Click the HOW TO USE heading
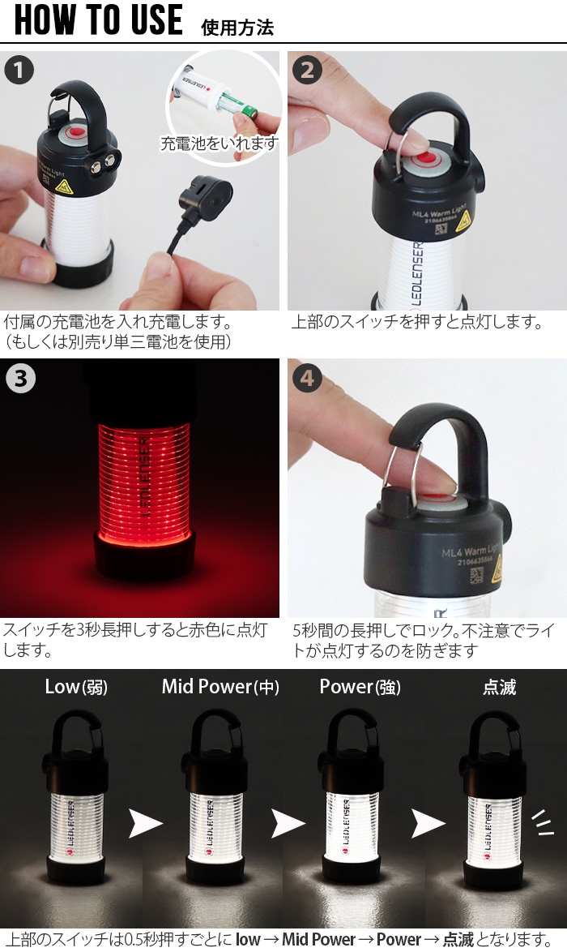(99, 20)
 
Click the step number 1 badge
(19, 71)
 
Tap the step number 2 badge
(307, 71)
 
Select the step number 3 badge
(19, 379)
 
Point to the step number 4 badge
(307, 379)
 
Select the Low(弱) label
(75, 688)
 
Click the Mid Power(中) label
(220, 688)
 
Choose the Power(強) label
(360, 688)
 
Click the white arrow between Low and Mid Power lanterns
(146, 824)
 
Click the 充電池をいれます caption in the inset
(219, 144)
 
